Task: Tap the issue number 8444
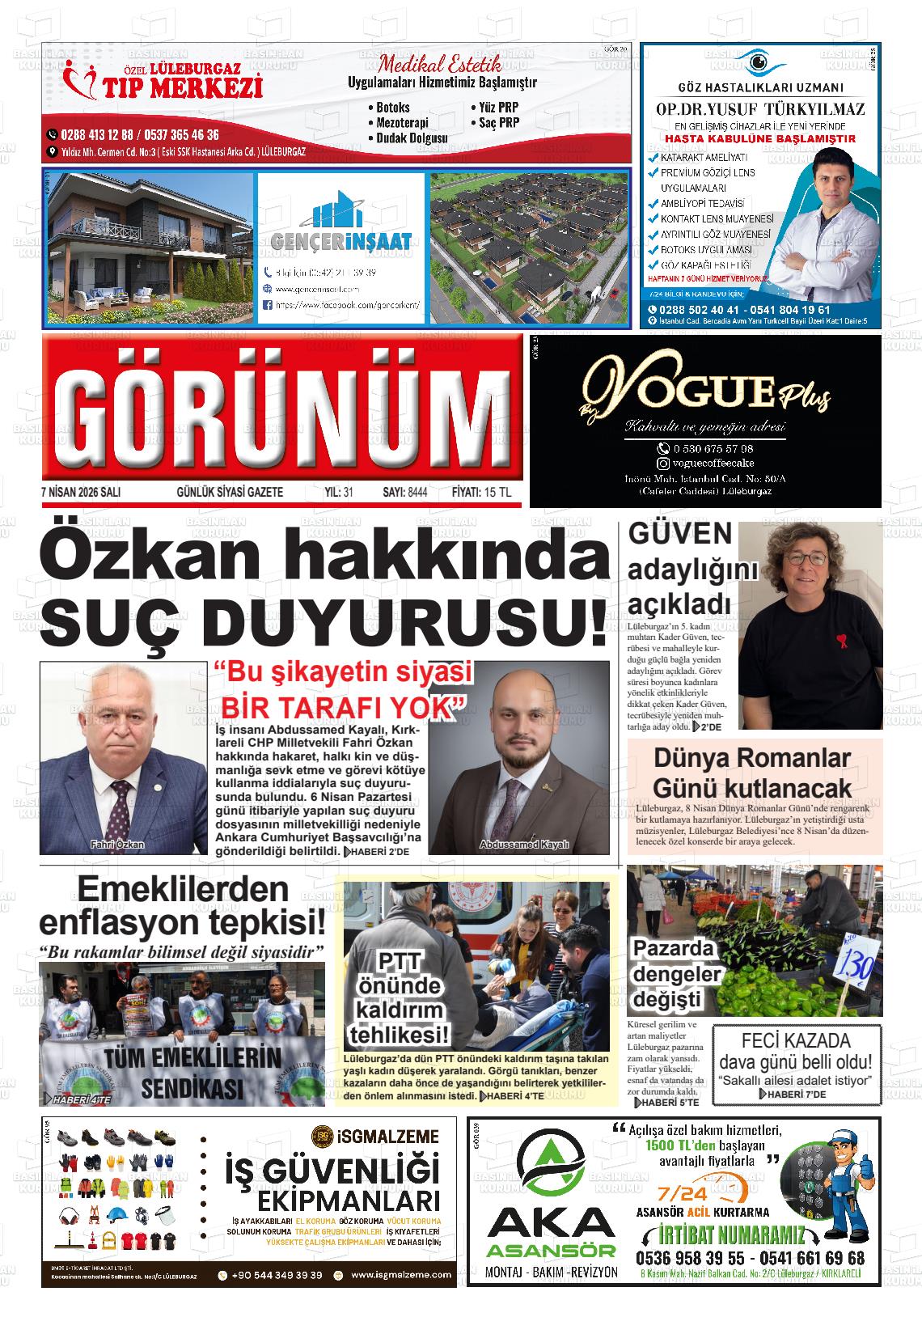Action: tap(417, 492)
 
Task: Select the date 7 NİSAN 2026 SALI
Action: tap(80, 492)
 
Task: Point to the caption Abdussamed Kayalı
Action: tap(524, 845)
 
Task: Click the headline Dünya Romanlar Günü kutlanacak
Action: tap(751, 773)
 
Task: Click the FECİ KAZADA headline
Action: tap(796, 1041)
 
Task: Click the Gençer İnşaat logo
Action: tap(340, 227)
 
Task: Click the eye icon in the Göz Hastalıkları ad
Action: tap(758, 61)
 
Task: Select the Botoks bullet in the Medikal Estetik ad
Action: tap(393, 108)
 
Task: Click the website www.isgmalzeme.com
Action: tap(401, 1275)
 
